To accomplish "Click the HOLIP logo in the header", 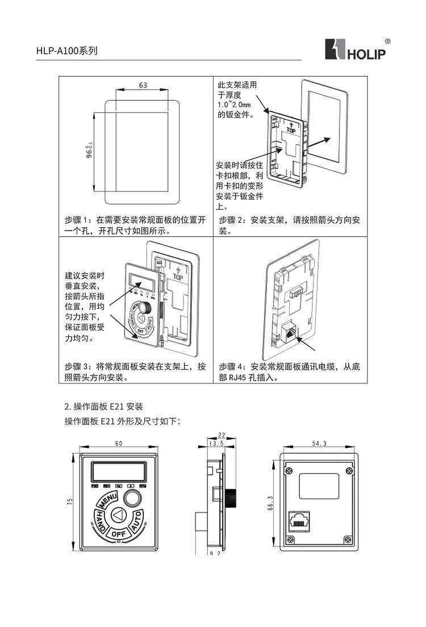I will [355, 50].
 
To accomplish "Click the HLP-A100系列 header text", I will [67, 51].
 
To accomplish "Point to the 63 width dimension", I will [143, 85].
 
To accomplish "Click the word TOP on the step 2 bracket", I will [291, 129].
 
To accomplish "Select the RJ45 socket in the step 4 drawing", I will [289, 332].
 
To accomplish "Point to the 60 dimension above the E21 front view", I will [119, 444].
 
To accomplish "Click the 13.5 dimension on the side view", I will [216, 444].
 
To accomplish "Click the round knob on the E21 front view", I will [133, 498].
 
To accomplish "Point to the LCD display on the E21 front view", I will [118, 471].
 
